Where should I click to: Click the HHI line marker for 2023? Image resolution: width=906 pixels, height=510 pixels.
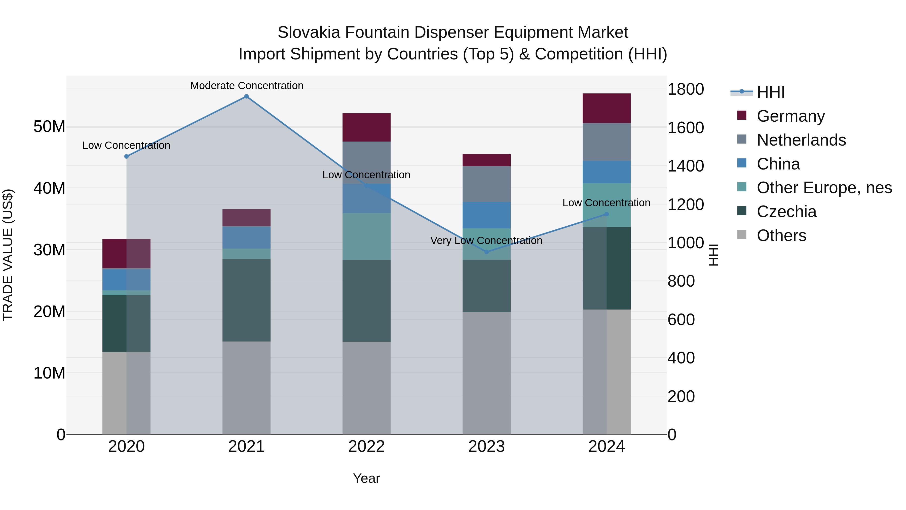click(x=486, y=252)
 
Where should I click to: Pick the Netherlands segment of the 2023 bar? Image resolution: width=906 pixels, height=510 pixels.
click(x=486, y=184)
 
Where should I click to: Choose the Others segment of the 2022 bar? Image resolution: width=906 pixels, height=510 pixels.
click(x=366, y=388)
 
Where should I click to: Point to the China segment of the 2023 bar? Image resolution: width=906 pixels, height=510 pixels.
click(x=486, y=215)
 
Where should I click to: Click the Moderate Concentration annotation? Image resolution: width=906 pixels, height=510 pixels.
click(x=247, y=86)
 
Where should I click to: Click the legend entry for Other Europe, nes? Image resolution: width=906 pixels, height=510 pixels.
click(x=824, y=188)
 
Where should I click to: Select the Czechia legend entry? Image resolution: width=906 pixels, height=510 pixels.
click(x=786, y=212)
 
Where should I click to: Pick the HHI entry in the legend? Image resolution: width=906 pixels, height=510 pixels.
click(x=770, y=92)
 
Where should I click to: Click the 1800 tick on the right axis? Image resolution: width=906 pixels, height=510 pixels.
click(x=686, y=89)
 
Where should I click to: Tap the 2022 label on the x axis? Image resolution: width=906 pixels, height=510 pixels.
click(x=366, y=447)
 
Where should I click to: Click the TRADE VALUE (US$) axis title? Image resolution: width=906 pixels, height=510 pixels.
click(x=8, y=255)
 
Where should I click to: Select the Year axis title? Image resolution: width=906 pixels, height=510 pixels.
click(x=366, y=478)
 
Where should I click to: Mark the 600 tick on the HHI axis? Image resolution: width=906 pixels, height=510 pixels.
click(x=681, y=320)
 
